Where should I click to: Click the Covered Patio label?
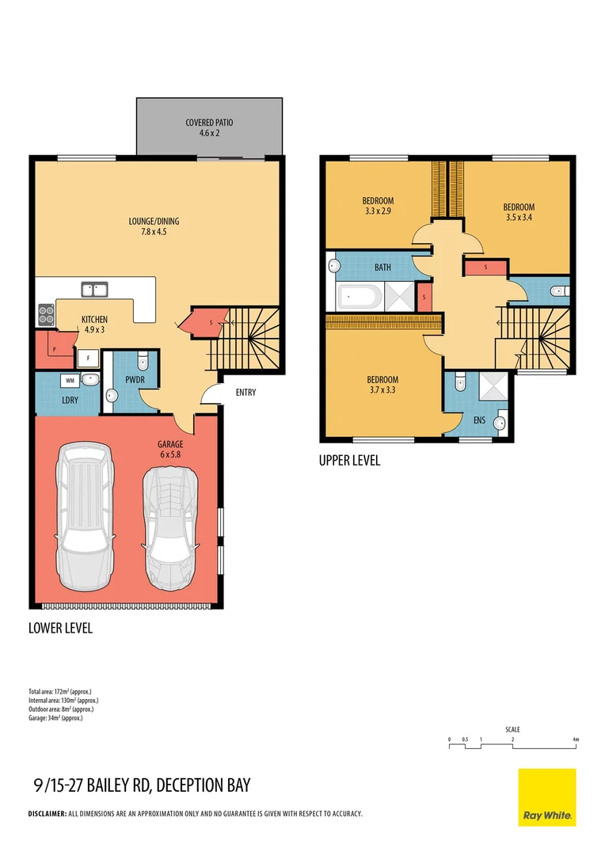(209, 128)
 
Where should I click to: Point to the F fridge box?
(87, 358)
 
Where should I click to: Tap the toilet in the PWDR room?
(142, 363)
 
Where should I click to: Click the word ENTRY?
(245, 393)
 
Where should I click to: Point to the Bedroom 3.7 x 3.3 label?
(382, 385)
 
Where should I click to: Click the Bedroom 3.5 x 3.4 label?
(519, 212)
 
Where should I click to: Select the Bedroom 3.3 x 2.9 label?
(377, 206)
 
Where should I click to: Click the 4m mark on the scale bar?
(576, 739)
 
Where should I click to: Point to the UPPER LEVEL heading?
(349, 460)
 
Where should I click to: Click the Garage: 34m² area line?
(55, 718)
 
